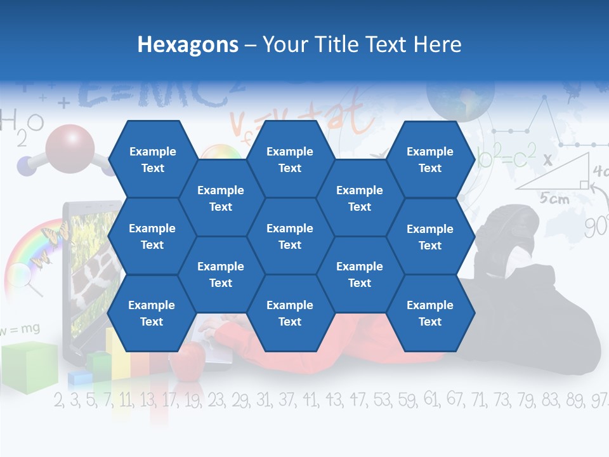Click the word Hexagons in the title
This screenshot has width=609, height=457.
click(x=188, y=44)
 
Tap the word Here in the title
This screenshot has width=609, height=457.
click(x=437, y=44)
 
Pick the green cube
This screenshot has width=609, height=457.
click(x=29, y=365)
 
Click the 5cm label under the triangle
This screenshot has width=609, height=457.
click(x=554, y=199)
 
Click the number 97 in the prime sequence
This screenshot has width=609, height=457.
click(x=598, y=401)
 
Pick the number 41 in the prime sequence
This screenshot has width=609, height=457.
click(x=310, y=400)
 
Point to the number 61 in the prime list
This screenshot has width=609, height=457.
click(x=431, y=400)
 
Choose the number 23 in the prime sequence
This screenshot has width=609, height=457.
click(x=216, y=400)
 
